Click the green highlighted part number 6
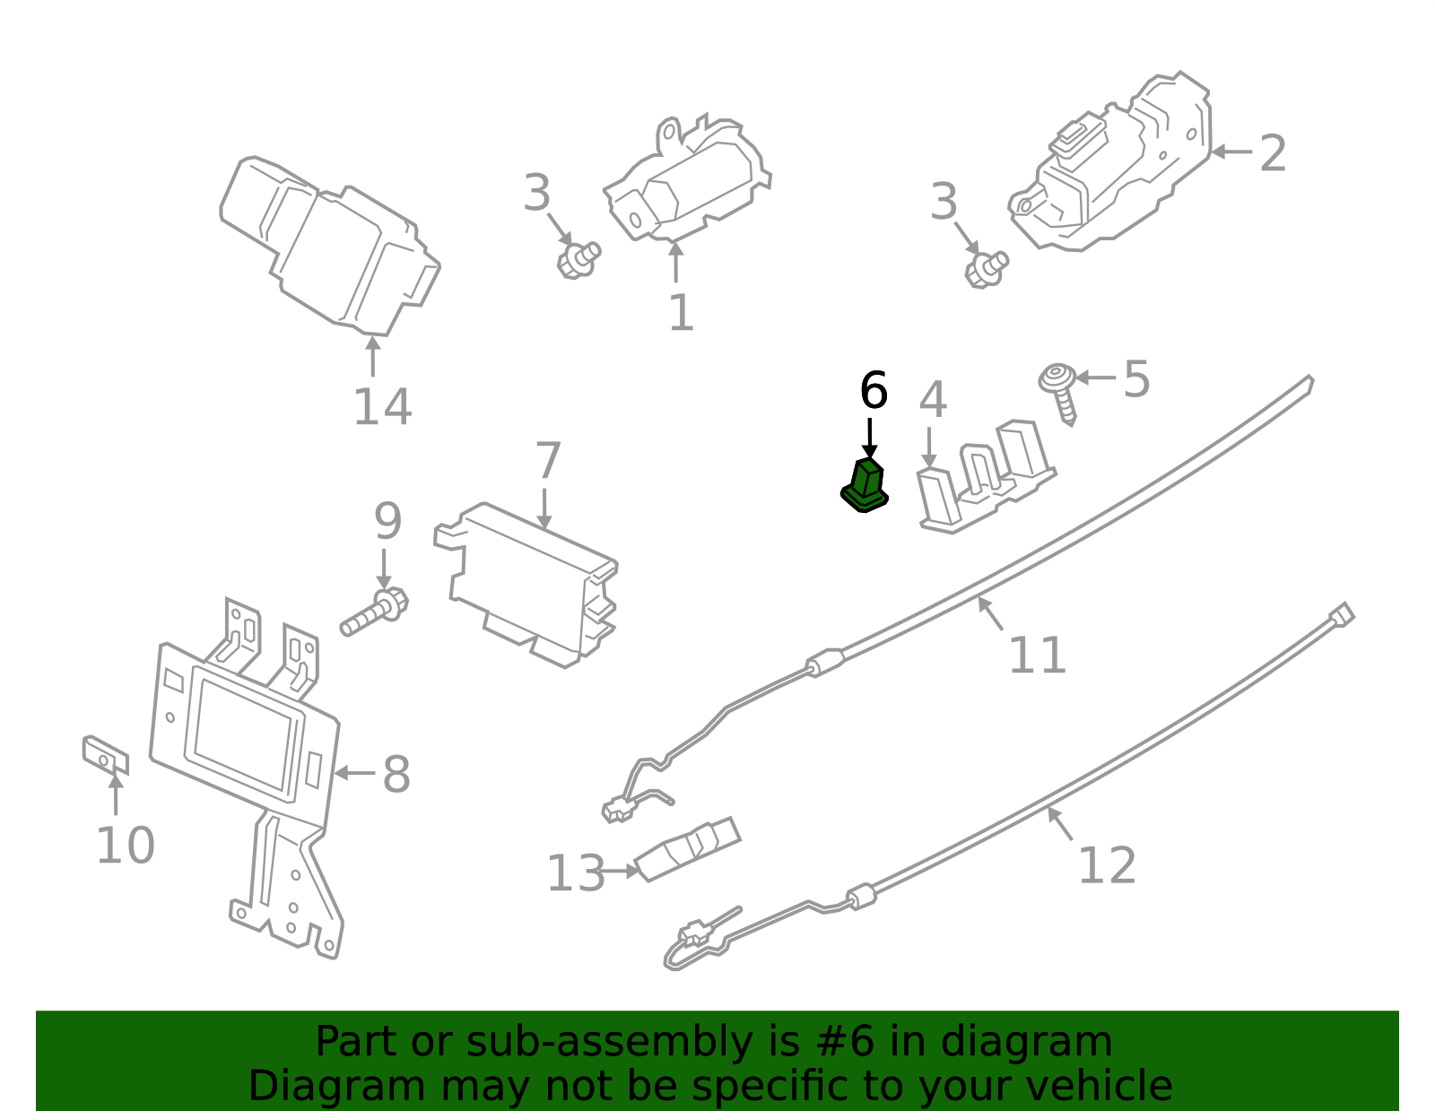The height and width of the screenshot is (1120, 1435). pos(865,486)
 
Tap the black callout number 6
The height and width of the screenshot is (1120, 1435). pos(873,391)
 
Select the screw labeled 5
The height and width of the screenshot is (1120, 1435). pos(1060,391)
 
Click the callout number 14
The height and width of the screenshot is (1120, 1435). pos(382,407)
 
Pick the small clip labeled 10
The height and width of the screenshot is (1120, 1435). pos(105,756)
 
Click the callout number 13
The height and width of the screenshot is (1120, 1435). pos(576,873)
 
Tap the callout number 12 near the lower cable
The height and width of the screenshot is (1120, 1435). pos(1107,865)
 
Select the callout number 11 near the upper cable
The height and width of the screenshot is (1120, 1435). pos(1037,656)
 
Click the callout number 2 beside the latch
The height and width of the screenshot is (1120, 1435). pos(1273,154)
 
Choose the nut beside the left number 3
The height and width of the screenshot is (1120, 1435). pos(578,260)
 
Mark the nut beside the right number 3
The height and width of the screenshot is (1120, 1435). pos(986,267)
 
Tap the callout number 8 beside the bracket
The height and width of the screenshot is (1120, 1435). pos(396,775)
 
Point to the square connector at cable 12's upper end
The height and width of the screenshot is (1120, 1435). pos(1342,616)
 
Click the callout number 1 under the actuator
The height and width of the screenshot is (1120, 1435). pos(681,313)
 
